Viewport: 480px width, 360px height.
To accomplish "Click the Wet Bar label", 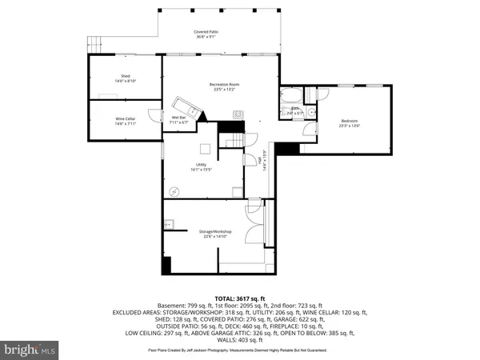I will pyautogui.click(x=178, y=118).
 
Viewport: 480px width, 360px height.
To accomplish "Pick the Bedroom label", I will pyautogui.click(x=349, y=121).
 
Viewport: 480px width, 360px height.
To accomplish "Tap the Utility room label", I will pyautogui.click(x=202, y=166).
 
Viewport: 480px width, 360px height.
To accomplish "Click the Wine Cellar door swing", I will pyautogui.click(x=153, y=112).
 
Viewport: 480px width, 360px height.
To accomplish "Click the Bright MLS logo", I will pyautogui.click(x=30, y=349).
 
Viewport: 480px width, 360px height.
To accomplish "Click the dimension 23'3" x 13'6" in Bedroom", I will pyautogui.click(x=349, y=126).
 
